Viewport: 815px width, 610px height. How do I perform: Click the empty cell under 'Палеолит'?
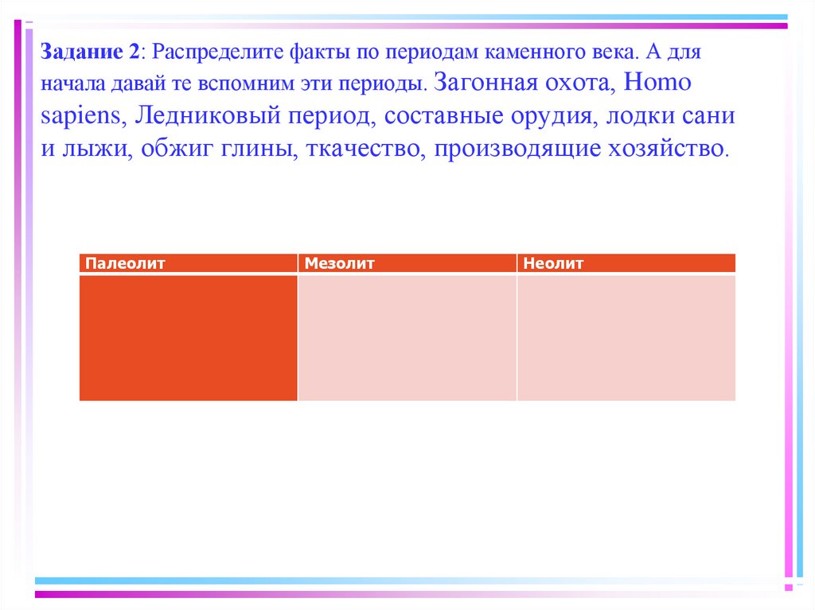(x=188, y=337)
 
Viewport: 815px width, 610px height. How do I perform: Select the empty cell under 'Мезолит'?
(x=407, y=337)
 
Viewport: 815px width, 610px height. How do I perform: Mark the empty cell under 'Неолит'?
(x=626, y=337)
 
